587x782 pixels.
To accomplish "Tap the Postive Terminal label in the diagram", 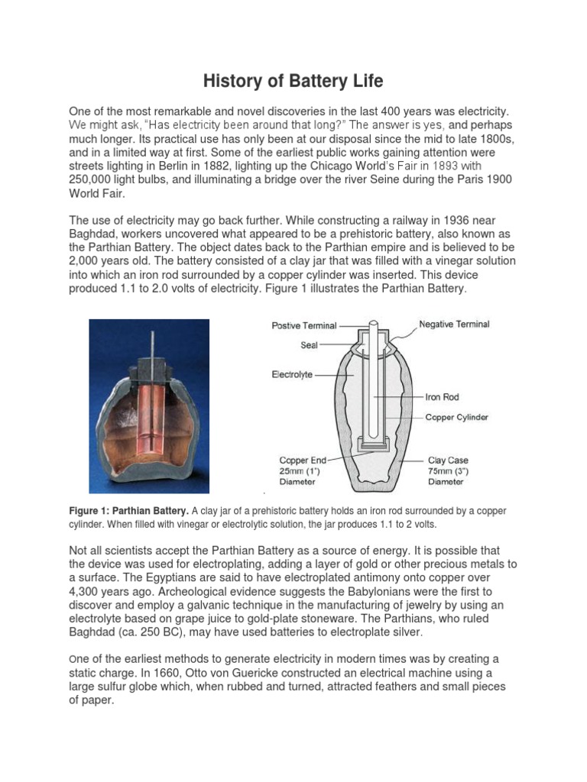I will tap(304, 325).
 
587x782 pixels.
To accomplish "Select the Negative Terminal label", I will tap(454, 324).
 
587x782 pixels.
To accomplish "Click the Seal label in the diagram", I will tap(309, 345).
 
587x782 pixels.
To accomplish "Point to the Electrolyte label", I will tap(292, 375).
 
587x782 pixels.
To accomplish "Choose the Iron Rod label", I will tap(442, 397).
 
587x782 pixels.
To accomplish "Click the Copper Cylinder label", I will tap(457, 417).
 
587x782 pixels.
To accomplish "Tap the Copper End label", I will tap(303, 460).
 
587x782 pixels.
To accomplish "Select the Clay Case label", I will tap(448, 460).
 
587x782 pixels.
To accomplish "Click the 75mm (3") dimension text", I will tap(447, 471).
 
